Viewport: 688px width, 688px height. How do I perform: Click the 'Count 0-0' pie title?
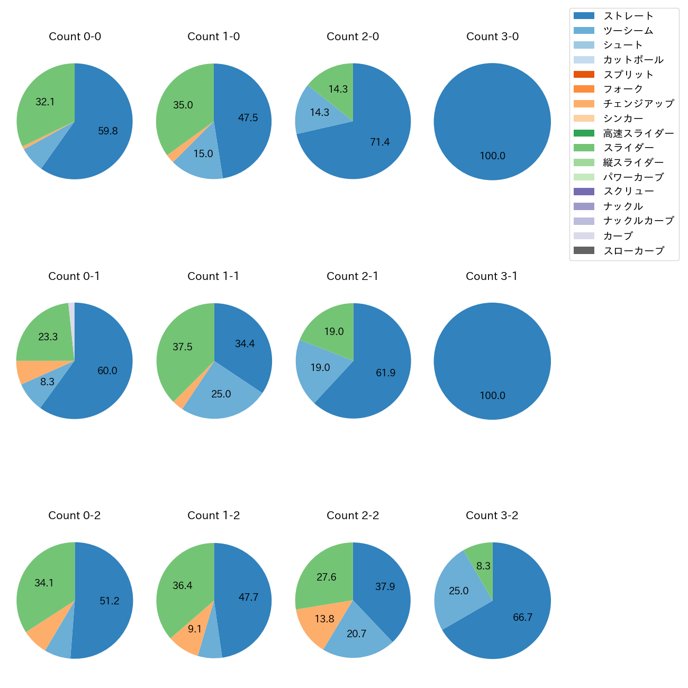[x=75, y=37]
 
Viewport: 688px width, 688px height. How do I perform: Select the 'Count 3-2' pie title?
[x=492, y=515]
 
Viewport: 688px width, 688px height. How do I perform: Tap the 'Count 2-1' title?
[x=352, y=276]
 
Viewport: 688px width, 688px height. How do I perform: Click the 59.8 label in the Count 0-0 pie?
[x=108, y=131]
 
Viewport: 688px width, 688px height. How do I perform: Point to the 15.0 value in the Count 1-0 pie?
[x=203, y=154]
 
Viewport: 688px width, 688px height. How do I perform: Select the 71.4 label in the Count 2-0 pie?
[x=380, y=142]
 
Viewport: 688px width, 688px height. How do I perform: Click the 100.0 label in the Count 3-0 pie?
[x=492, y=156]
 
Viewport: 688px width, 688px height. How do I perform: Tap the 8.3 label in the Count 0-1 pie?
[x=47, y=382]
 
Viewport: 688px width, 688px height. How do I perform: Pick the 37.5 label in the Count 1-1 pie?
[x=183, y=347]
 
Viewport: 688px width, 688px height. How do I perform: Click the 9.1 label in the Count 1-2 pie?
[x=195, y=629]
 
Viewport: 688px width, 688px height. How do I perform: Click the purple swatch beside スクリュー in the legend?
[x=584, y=192]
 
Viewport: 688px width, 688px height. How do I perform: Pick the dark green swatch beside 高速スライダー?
[x=584, y=133]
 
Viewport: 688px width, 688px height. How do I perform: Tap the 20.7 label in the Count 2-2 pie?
[x=356, y=634]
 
